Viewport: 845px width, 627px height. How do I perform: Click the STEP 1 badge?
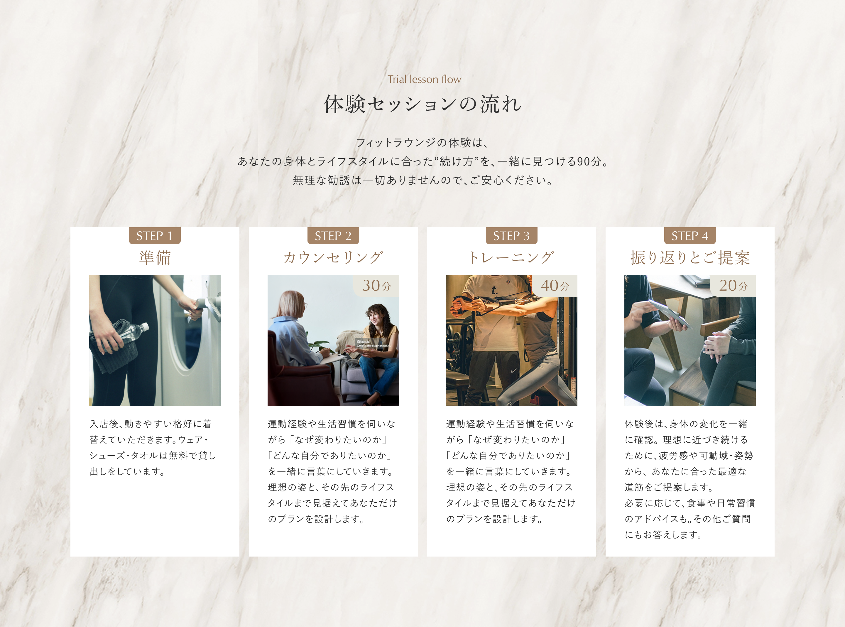155,236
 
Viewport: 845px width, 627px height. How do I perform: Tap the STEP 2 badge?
333,236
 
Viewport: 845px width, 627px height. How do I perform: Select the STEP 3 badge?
511,236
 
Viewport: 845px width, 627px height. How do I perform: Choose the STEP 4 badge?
690,236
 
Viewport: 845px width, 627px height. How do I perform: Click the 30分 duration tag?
376,285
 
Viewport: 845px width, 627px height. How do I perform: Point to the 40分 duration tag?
555,285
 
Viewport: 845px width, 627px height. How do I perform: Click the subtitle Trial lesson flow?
424,79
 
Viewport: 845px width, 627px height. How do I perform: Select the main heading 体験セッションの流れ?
422,104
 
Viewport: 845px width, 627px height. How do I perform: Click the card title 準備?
155,258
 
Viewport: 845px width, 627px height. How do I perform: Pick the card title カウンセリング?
333,258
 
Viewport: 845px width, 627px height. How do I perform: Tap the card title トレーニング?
511,258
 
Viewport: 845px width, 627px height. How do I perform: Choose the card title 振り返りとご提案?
690,258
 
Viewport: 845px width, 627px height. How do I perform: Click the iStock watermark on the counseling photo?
373,343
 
